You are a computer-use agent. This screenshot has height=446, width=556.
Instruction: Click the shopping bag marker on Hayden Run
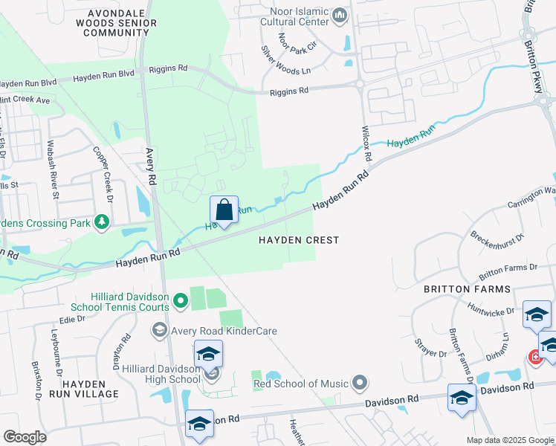coord(224,211)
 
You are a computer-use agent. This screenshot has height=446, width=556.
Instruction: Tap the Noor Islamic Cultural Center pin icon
coord(340,15)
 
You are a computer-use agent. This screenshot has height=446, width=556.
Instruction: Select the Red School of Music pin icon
coord(360,384)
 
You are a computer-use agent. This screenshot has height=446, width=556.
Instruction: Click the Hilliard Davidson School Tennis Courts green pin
coord(180,300)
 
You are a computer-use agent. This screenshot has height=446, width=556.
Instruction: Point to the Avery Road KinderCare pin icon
coord(158,329)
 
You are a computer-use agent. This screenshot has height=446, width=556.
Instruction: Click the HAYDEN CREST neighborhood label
coord(299,240)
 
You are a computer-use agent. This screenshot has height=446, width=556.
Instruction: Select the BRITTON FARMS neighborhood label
coord(467,288)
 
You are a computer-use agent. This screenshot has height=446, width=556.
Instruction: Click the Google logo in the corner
coord(25,436)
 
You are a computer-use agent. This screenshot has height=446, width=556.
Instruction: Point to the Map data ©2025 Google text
coord(509,440)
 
